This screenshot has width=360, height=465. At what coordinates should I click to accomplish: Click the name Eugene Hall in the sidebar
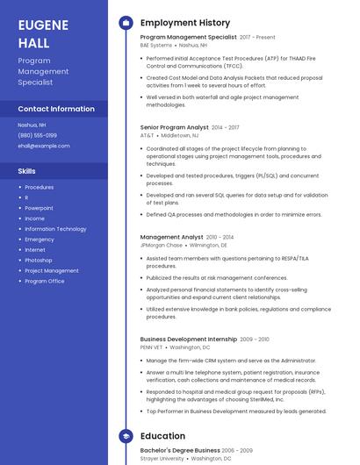tap(43, 32)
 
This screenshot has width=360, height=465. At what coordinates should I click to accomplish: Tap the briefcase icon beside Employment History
tap(126, 23)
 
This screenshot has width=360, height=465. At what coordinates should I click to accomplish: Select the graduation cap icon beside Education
tap(126, 436)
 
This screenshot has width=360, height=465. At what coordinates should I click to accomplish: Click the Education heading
tap(162, 436)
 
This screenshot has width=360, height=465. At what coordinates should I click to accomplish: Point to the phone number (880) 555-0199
tap(38, 135)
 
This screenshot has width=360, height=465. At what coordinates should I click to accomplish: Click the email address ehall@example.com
tap(43, 146)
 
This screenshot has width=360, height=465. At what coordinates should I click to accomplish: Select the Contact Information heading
tap(56, 109)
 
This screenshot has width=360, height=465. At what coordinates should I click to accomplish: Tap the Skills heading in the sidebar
tap(27, 171)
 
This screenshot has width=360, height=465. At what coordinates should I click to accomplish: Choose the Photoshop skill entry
tap(39, 261)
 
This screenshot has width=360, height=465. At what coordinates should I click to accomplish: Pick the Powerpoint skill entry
tap(39, 208)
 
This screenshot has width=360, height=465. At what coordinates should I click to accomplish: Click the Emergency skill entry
tap(40, 240)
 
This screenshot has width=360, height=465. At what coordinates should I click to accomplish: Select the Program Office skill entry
tap(44, 282)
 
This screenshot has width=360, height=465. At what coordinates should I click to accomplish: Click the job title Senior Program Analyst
tap(174, 127)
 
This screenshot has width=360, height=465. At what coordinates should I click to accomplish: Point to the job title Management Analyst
tap(171, 237)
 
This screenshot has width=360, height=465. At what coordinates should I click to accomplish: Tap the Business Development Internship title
tap(188, 339)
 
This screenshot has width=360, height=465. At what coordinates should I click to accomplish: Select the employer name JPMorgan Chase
tap(162, 245)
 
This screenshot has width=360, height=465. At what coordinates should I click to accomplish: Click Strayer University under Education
tap(162, 458)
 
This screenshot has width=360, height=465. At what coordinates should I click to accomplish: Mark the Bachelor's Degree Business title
tap(180, 450)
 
